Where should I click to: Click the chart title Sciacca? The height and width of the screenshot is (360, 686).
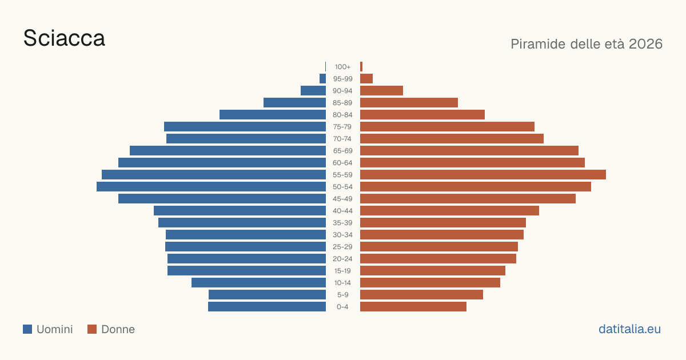[x=64, y=38]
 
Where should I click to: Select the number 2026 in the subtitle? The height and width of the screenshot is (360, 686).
[x=645, y=44]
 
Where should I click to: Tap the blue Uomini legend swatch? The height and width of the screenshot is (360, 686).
[x=27, y=329]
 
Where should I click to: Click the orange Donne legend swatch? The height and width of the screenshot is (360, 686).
[x=92, y=329]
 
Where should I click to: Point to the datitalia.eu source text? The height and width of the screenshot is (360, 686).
[x=629, y=329]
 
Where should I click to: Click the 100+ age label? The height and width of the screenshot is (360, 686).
[x=342, y=67]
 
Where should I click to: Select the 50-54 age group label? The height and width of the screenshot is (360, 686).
[x=342, y=187]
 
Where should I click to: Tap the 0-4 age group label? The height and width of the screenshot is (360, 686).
[x=342, y=307]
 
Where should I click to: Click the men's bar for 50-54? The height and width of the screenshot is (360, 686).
[x=212, y=187]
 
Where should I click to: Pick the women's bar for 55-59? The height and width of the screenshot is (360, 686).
[x=483, y=175]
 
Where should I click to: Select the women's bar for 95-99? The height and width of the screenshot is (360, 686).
[x=366, y=79]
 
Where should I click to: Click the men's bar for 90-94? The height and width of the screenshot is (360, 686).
[x=313, y=91]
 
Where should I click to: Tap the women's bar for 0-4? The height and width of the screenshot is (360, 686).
[x=413, y=307]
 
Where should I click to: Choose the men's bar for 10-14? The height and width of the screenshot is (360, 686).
[x=259, y=282]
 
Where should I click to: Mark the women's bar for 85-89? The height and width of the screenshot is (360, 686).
[x=409, y=102]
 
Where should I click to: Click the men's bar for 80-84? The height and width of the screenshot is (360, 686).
[x=273, y=115]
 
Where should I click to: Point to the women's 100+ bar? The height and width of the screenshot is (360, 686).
[x=361, y=67]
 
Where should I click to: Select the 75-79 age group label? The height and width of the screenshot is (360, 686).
[x=342, y=127]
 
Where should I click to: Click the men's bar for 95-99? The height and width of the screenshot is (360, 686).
[x=323, y=79]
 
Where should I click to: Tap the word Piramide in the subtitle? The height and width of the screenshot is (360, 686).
[x=538, y=44]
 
